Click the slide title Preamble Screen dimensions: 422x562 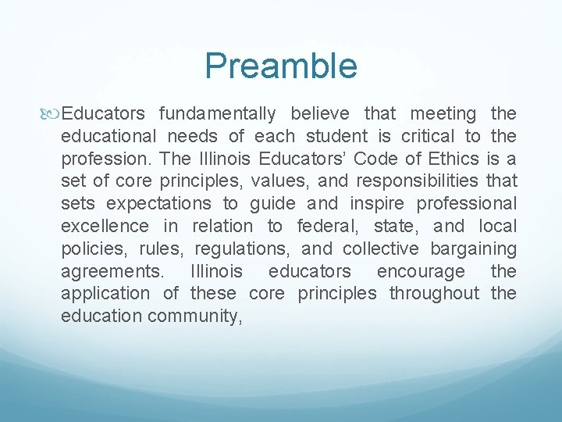click(281, 66)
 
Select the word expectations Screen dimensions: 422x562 click(158, 204)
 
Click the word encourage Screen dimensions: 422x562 click(421, 272)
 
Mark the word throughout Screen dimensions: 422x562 click(434, 294)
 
